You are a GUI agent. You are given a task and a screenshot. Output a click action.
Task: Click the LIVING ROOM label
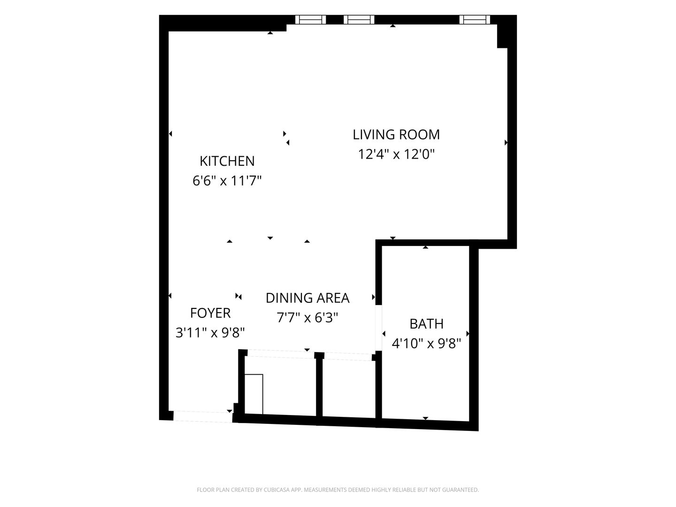coord(396,135)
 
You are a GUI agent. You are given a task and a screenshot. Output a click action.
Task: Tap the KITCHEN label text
coord(227,161)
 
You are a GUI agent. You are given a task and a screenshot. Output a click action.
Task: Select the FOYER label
coord(210,313)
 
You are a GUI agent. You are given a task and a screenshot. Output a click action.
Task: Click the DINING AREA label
coord(307,298)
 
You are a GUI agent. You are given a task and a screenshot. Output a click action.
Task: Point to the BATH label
coord(427,324)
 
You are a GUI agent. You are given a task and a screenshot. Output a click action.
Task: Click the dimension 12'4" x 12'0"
coord(396,154)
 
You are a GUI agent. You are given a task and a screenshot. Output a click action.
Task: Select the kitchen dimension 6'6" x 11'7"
coord(227,181)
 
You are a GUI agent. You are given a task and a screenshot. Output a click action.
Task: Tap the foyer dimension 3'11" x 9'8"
coord(210,332)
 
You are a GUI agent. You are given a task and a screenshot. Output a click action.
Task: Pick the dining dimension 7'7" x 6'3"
coord(307,317)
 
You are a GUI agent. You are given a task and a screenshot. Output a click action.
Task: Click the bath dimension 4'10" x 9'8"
coord(426,343)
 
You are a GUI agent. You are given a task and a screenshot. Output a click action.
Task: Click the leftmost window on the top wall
coord(310,20)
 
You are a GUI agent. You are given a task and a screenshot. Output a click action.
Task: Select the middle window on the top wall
coord(359,20)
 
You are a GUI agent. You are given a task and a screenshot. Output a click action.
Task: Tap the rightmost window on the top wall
coord(475,20)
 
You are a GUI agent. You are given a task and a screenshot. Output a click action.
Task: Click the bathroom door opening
coord(378,328)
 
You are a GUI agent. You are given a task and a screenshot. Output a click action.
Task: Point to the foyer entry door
coord(203,417)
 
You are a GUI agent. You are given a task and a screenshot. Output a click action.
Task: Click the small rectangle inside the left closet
coord(253,394)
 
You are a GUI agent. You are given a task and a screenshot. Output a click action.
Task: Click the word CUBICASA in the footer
coord(277,490)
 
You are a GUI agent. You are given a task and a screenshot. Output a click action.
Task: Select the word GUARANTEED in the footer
coord(461,490)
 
